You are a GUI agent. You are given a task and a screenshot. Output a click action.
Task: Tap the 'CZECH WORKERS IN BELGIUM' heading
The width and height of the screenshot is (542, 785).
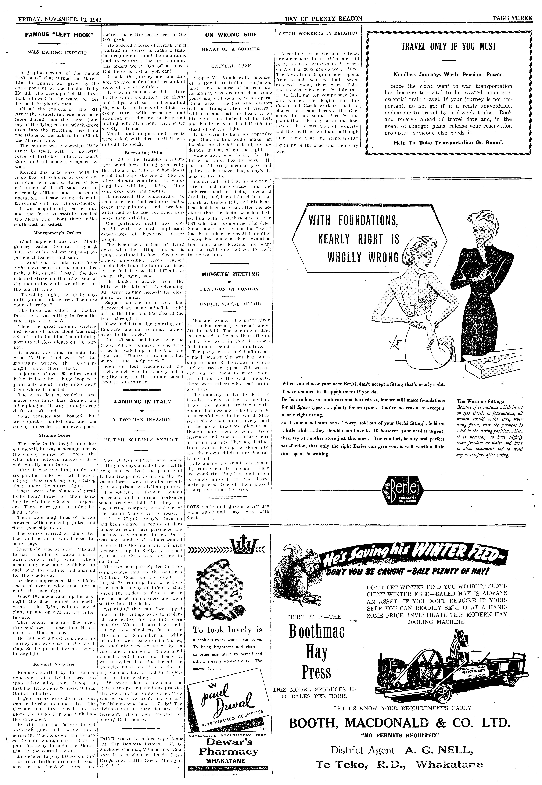point(318,33)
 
